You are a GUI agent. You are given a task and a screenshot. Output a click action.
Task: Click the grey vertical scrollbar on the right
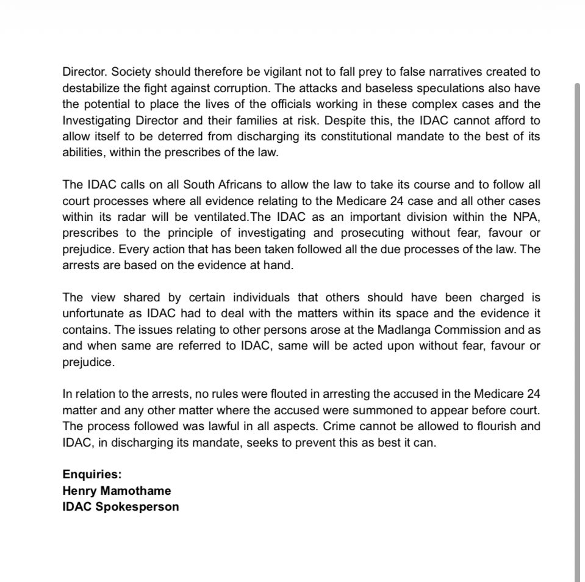(x=577, y=329)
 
